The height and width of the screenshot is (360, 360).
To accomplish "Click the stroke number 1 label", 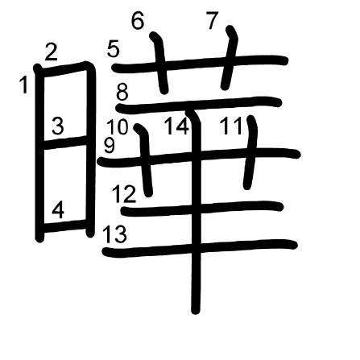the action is (24, 85).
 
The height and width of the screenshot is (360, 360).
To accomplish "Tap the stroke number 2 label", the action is (51, 52).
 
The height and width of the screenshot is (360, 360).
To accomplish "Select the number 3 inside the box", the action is (58, 126).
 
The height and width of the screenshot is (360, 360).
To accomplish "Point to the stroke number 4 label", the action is (58, 210).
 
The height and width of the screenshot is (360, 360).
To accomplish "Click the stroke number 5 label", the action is (113, 48).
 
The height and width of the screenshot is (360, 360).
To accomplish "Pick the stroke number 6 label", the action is (138, 20).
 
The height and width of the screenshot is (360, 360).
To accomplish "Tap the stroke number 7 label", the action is (213, 20).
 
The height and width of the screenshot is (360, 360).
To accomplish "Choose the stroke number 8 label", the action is (122, 92).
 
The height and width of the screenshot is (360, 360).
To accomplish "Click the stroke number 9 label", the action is (110, 145).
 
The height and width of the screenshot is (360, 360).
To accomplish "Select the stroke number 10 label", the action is (118, 126).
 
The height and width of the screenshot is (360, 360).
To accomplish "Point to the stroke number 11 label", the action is (231, 126).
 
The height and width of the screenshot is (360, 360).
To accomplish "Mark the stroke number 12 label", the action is (124, 194).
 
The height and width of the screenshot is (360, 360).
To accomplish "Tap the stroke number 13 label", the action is (114, 234).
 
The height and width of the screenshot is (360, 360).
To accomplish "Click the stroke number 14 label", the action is (176, 126).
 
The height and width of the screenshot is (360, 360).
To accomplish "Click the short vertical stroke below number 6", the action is (160, 63).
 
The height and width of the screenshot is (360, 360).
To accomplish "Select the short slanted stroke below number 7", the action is (230, 58).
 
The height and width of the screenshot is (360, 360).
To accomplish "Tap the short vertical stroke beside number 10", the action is (145, 160).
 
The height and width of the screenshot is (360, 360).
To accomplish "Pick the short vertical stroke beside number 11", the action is (250, 152).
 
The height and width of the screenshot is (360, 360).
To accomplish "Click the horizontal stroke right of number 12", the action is (202, 209).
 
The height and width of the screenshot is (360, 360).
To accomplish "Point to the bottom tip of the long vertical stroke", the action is (196, 312).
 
